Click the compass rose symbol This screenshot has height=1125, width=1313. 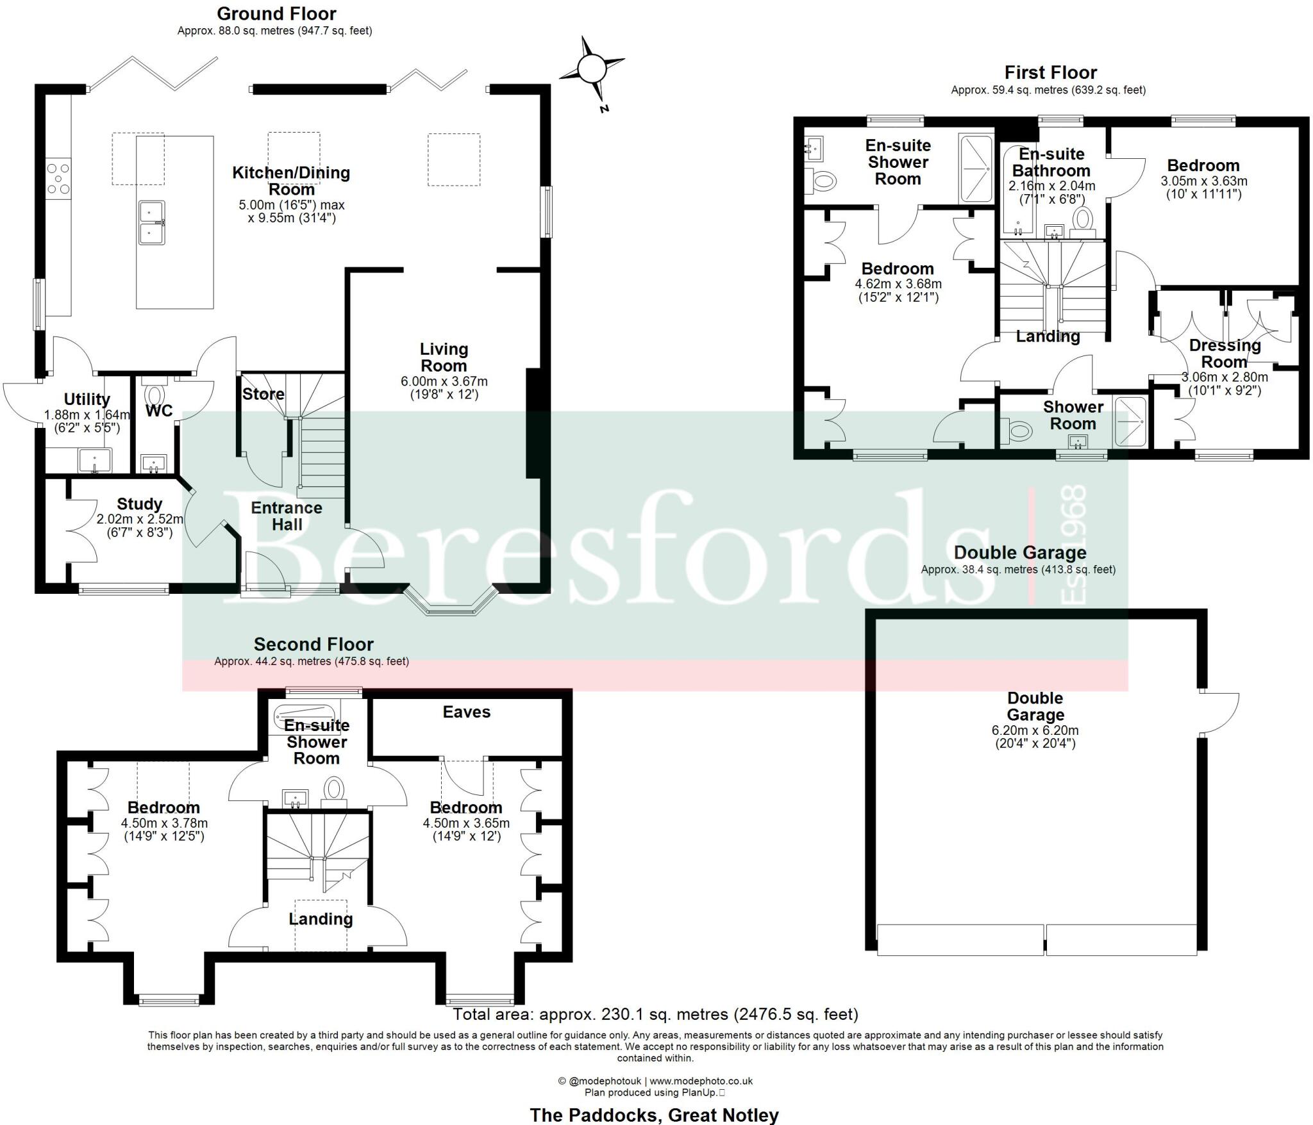coord(591,69)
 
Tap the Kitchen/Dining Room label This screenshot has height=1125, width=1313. coord(291,181)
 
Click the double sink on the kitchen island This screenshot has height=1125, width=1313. coord(152,222)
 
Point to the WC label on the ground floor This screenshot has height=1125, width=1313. coord(158,411)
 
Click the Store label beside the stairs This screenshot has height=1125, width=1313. coord(263,394)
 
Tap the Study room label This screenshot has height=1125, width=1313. coord(140,504)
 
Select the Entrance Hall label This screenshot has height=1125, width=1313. coord(287,516)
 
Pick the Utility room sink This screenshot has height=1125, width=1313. coord(95,461)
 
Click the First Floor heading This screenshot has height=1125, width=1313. coord(1051,72)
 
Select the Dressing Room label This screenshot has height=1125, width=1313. coord(1225,353)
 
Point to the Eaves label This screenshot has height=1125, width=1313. coord(467,712)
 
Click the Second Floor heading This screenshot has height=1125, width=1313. coord(314,645)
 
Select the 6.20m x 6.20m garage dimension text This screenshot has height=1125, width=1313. coord(1035,730)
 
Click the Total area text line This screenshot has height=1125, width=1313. coord(655,1014)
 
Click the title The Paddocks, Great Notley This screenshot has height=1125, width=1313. coord(654,1115)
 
